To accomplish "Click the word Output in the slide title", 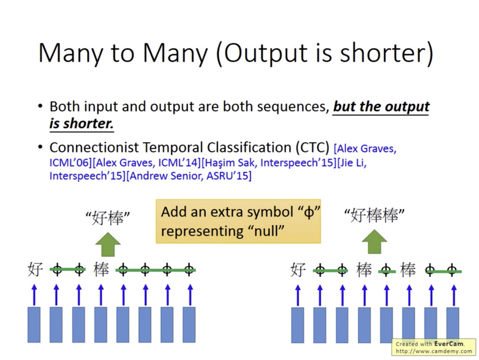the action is click(266, 54).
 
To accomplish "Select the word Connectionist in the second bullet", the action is click(94, 147).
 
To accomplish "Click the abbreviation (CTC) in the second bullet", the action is click(312, 148).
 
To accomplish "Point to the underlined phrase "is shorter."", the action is click(81, 124).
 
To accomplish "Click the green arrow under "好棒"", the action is click(108, 244).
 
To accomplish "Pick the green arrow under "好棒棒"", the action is click(374, 242).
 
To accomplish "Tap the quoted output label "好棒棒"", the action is click(374, 216).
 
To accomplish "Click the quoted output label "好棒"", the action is click(108, 218).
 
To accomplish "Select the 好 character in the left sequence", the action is click(35, 270).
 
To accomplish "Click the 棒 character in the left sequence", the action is click(101, 270).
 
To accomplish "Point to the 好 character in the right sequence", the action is click(298, 270).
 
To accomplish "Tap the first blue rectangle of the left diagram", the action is click(34, 325).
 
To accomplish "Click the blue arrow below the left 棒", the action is click(101, 295).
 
